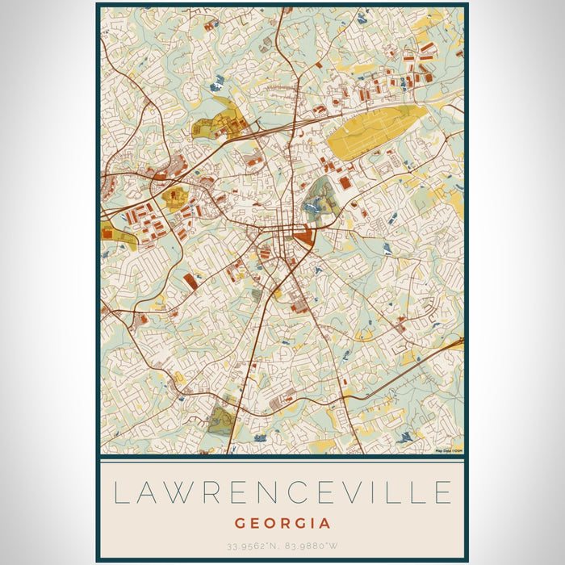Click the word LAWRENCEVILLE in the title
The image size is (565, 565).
pyautogui.click(x=282, y=492)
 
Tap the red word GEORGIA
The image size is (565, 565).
pyautogui.click(x=282, y=523)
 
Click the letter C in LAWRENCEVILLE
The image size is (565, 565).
pyautogui.click(x=297, y=492)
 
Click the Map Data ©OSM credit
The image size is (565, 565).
pyautogui.click(x=449, y=450)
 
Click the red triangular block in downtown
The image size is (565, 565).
pyautogui.click(x=305, y=237)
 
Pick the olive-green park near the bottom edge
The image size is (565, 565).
pyautogui.click(x=221, y=421)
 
